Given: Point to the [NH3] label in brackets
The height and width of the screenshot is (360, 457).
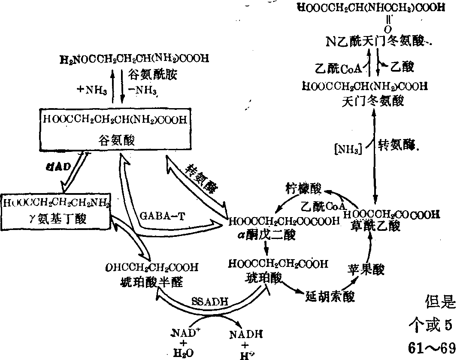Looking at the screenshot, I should click(x=347, y=149).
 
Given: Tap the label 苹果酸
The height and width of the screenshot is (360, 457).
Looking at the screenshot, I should click(x=366, y=270).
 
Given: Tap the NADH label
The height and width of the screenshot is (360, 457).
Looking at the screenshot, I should click(x=246, y=333).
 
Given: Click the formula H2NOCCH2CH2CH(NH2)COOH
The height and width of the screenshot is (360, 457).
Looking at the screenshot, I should click(x=134, y=59).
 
